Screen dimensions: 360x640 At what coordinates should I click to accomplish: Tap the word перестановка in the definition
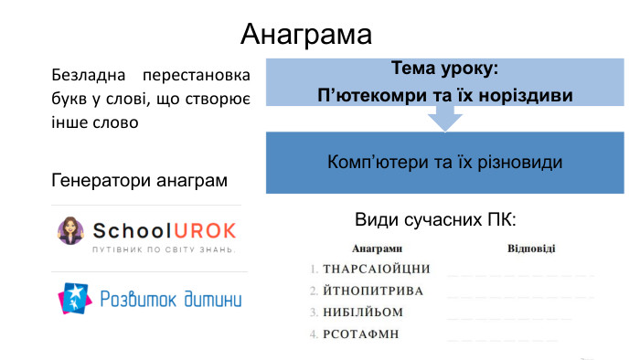point(202,73)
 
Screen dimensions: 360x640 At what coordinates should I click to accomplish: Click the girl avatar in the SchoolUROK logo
point(69,232)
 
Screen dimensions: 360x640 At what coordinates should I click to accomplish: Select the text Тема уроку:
point(444,69)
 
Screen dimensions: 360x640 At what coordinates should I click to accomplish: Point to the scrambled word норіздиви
point(525,96)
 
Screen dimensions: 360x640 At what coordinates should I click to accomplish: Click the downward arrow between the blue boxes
point(445,117)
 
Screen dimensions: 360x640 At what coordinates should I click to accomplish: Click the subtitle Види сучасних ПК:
point(435,221)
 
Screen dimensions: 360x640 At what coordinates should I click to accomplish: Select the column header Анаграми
point(377,249)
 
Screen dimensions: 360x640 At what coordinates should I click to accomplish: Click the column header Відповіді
point(531,249)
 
